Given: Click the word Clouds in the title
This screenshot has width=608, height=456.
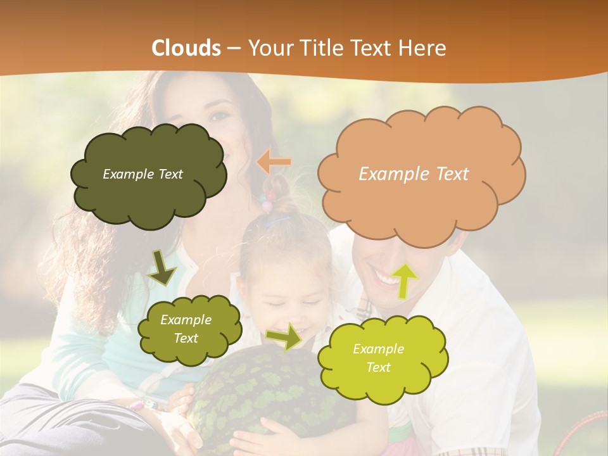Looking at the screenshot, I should tap(186, 48).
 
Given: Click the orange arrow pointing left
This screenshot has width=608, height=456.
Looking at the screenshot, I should tap(274, 162).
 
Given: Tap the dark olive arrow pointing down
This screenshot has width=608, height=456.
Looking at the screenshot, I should tap(162, 268).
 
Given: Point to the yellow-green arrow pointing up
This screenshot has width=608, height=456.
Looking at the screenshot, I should tap(404, 280).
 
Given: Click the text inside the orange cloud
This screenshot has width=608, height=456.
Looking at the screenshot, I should tap(414, 174).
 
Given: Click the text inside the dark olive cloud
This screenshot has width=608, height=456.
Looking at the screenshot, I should tap(142, 174).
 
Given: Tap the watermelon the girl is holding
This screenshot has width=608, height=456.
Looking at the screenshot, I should tap(253, 393).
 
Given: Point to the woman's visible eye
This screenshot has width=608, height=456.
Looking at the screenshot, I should tap(218, 115).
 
